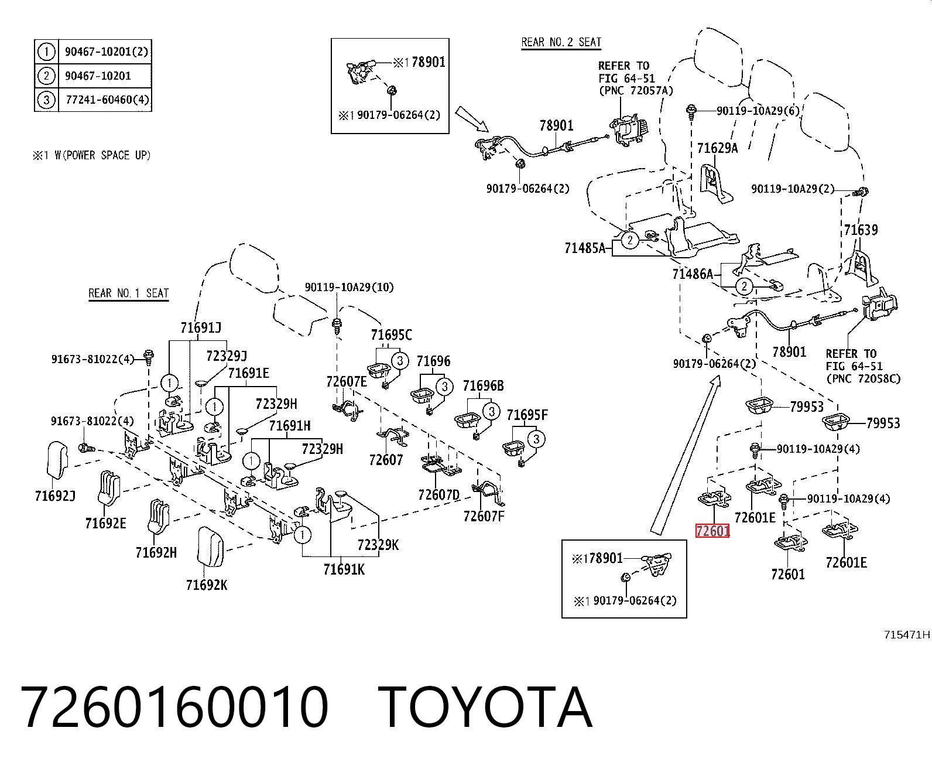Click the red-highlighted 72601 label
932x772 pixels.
712,531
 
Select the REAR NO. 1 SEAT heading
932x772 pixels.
129,293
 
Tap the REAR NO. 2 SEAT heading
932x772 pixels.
561,42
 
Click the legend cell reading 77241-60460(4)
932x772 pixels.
107,99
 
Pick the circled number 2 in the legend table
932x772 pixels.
46,76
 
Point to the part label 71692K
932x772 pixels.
207,585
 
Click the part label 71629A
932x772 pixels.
717,148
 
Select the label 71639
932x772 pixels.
861,230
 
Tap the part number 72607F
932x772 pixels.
484,517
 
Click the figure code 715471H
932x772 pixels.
907,635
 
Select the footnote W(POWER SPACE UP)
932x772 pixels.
102,155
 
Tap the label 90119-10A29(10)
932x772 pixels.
349,287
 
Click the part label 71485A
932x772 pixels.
585,248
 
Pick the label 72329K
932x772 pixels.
378,545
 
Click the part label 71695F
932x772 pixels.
527,415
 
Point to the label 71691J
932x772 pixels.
201,328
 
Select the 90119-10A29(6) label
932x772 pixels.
758,111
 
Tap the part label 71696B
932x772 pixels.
483,385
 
